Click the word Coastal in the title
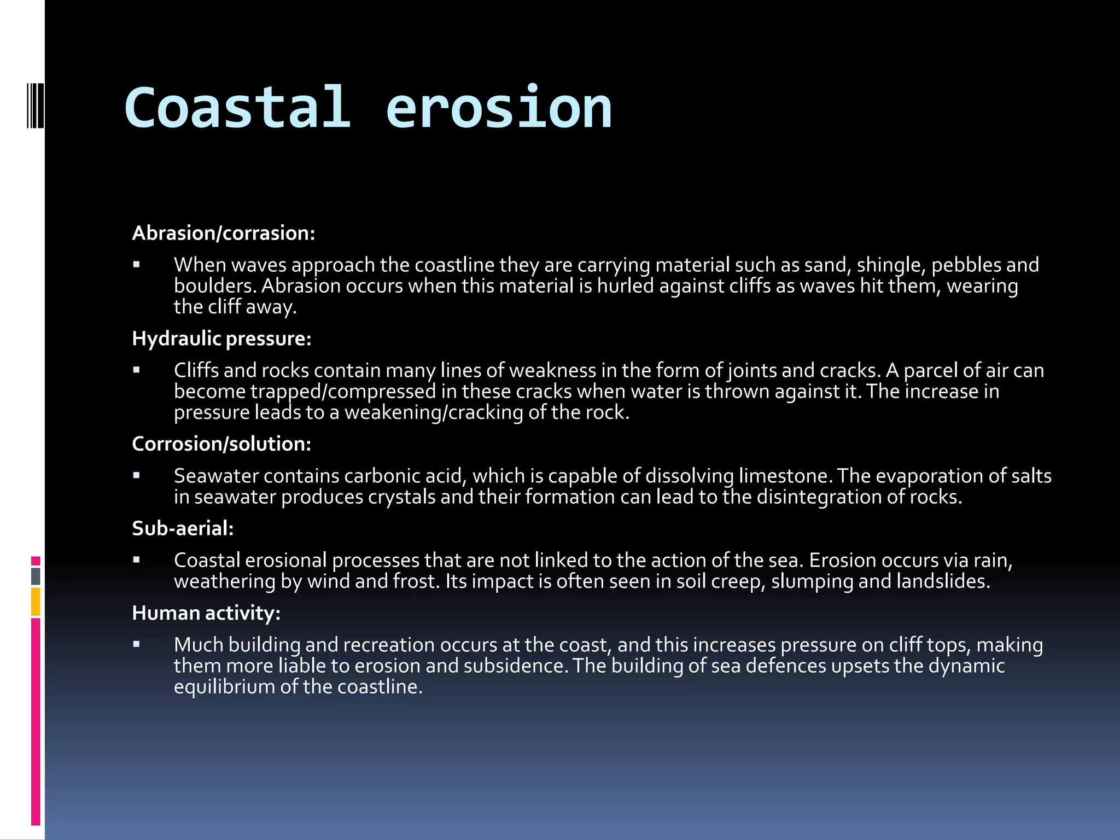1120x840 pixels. (x=237, y=108)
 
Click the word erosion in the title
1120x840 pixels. (x=499, y=108)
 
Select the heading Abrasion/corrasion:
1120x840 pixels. (x=224, y=233)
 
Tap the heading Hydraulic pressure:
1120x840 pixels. (x=221, y=339)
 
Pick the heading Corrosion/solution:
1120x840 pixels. (x=221, y=444)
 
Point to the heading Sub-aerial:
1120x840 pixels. (x=183, y=528)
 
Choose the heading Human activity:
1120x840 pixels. (x=206, y=613)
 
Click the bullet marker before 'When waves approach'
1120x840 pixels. (x=137, y=265)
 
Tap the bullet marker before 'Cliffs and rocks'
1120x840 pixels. (x=137, y=371)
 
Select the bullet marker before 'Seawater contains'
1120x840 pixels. (x=137, y=476)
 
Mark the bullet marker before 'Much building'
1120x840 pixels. (x=137, y=645)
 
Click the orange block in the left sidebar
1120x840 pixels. (x=36, y=602)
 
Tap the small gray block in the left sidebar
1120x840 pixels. (x=36, y=576)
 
